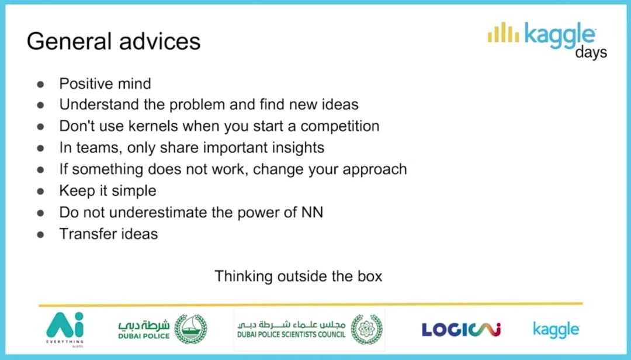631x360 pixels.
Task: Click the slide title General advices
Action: point(113,41)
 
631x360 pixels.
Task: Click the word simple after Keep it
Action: point(134,191)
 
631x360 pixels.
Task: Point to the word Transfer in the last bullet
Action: point(85,234)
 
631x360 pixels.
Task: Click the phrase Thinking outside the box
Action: point(298,276)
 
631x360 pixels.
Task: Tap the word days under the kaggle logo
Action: point(591,53)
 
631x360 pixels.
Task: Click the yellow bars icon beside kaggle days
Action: point(503,32)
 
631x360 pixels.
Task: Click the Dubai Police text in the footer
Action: point(144,336)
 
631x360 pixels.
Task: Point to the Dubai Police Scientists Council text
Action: point(292,334)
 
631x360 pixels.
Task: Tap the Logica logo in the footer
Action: point(461,330)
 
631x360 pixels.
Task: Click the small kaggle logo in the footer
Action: point(556,330)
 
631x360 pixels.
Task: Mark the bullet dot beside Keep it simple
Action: point(40,191)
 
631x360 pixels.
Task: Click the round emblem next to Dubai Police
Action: point(190,329)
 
